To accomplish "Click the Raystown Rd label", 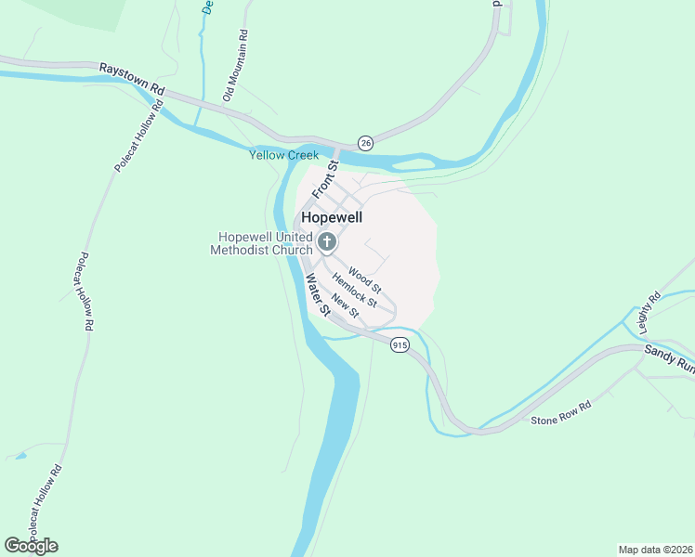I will (132, 79).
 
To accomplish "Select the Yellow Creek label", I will (283, 155).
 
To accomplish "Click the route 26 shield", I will (365, 143).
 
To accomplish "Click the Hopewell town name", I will (332, 217).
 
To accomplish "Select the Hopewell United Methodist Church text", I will (262, 243).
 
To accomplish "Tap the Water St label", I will (318, 294).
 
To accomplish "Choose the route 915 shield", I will (400, 344).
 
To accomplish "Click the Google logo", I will (31, 546).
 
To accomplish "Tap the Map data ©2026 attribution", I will (654, 550).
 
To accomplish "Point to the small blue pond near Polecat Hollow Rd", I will (19, 456).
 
